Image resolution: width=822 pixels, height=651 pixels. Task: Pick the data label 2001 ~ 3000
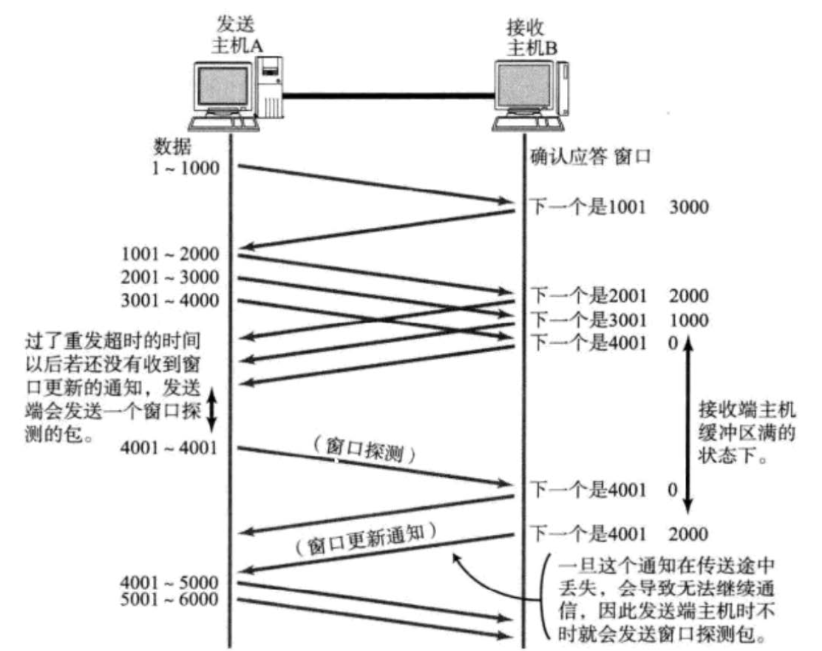point(171,278)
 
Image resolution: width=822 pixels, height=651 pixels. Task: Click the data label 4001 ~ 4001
point(171,448)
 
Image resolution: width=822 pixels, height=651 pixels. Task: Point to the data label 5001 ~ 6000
point(171,598)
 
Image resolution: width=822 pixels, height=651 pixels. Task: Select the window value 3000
point(687,207)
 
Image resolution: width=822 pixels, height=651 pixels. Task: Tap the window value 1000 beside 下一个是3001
point(687,320)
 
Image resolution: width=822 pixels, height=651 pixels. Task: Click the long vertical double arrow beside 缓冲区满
point(687,425)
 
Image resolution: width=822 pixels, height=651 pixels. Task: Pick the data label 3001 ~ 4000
point(171,301)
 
